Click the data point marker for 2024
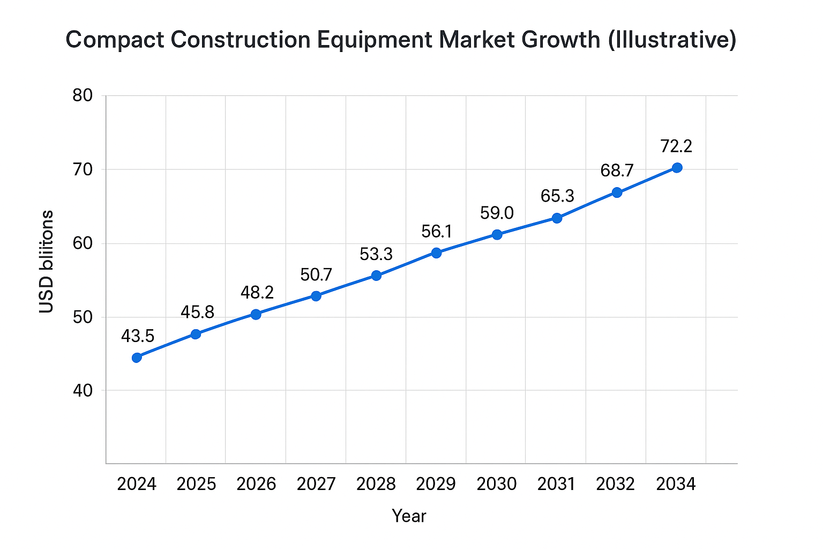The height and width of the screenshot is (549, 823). tap(137, 358)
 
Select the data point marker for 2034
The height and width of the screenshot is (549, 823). tap(677, 168)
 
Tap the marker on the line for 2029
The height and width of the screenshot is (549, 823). tap(436, 253)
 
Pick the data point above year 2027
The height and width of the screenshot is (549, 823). tap(316, 296)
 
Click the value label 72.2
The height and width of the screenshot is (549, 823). tap(676, 146)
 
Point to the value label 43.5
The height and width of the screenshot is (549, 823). tap(138, 336)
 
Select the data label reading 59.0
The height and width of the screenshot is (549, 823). tap(497, 213)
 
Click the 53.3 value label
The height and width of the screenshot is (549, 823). tap(376, 254)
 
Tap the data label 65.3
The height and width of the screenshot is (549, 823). tap(557, 196)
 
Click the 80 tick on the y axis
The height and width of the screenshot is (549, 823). tap(83, 96)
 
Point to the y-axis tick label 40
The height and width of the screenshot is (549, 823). tap(83, 391)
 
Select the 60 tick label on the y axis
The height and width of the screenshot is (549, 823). tap(83, 244)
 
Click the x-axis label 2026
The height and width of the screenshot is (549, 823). tap(256, 484)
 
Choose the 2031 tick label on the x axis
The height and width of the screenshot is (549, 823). tap(556, 484)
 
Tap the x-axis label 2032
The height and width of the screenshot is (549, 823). tap(616, 484)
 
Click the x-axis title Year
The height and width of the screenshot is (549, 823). tap(409, 516)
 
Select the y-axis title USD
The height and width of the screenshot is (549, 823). tap(47, 294)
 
